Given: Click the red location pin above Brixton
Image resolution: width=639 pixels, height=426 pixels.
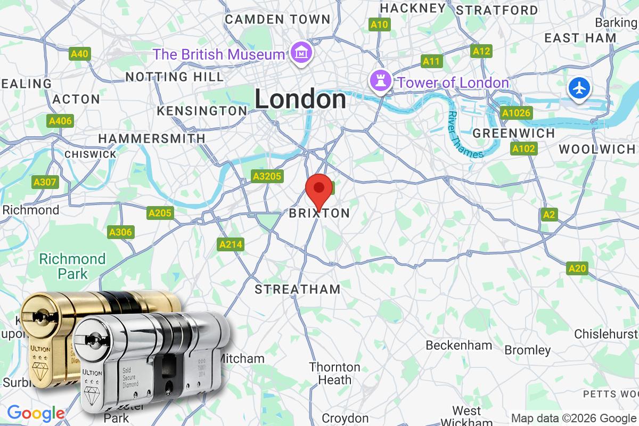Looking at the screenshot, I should click(x=319, y=189).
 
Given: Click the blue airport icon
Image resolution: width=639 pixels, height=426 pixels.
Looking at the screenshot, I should click(x=579, y=87).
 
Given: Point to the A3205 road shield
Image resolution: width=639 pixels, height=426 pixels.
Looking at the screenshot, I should click(x=267, y=176).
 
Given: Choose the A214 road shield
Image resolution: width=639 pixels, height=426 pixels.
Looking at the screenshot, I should click(x=231, y=244).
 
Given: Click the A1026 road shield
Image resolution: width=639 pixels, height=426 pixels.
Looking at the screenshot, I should click(x=516, y=113).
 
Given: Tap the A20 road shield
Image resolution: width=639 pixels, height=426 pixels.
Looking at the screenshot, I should click(x=578, y=268).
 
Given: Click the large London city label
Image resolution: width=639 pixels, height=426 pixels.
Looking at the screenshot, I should click(x=300, y=100).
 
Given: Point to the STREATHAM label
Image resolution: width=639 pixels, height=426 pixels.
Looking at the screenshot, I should click(x=297, y=290).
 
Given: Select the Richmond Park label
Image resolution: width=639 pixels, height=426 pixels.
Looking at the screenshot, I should click(x=72, y=266).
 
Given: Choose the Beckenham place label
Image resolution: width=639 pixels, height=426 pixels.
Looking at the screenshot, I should click(x=458, y=345).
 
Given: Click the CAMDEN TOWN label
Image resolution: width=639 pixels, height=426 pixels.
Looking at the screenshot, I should click(x=277, y=20).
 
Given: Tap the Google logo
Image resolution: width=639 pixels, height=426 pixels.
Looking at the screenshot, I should click(x=36, y=413).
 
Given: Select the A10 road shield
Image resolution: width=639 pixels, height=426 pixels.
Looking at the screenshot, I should click(x=380, y=24).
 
